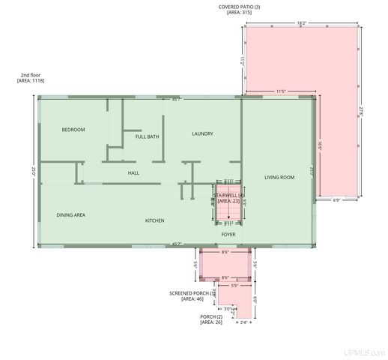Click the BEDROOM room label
coord(73,130)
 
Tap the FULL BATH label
coord(147,136)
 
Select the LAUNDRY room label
coord(202,133)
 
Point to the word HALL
coord(133,172)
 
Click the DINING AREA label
coord(70,214)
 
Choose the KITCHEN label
coord(154,220)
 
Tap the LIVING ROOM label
coord(279,177)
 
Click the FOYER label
coord(228,234)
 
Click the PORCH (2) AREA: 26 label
coord(211,319)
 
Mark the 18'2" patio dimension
coord(301,23)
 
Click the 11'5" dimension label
coord(282,91)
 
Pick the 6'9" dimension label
coord(336,199)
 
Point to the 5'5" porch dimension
coord(234,286)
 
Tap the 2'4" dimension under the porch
coord(243,323)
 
